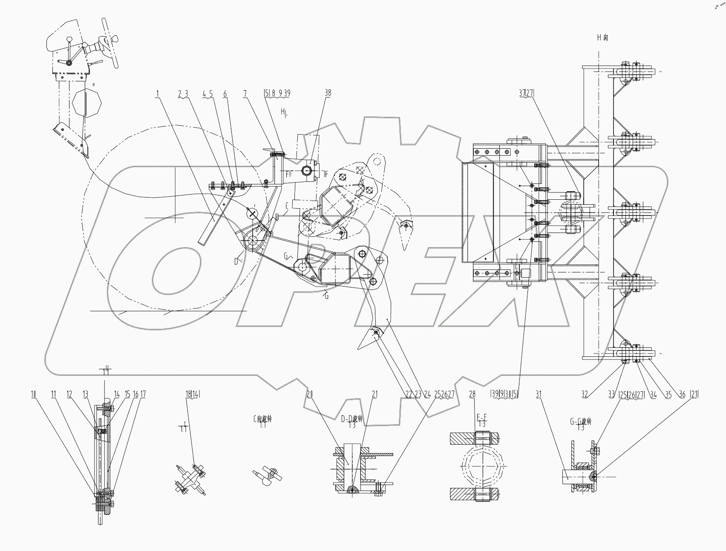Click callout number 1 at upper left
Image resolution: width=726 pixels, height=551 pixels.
click(158, 93)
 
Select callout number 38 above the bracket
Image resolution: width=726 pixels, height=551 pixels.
click(327, 93)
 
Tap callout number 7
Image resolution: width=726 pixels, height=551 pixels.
click(245, 93)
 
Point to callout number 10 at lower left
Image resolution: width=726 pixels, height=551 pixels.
click(34, 395)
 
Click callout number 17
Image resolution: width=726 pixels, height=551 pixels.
click(143, 395)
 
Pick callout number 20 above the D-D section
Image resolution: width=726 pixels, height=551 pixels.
click(309, 395)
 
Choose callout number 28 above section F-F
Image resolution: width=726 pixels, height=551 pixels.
click(472, 395)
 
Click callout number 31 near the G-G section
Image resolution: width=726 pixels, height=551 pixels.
click(539, 395)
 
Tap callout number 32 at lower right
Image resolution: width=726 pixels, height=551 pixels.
click(585, 395)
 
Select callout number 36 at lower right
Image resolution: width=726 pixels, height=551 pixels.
click(682, 395)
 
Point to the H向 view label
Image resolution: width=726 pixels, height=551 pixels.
click(602, 37)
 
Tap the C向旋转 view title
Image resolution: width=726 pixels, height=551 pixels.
click(262, 419)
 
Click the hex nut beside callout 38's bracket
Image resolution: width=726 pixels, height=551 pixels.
click(307, 171)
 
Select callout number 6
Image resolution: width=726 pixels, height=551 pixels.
click(225, 93)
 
